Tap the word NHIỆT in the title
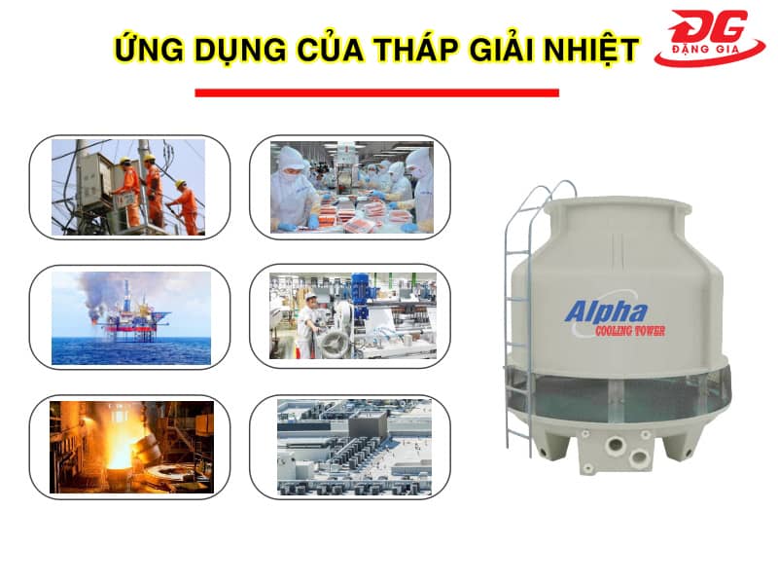point(590,50)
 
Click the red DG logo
point(710,38)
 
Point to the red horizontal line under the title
point(377,92)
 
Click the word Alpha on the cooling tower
point(606,312)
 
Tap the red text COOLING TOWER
point(630,331)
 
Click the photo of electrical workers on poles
point(128,187)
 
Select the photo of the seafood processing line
point(352,187)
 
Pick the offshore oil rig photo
point(131,318)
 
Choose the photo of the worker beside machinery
point(353,315)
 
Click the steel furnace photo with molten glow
point(131,447)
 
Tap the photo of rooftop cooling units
point(354,447)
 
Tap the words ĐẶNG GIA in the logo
point(705,50)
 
